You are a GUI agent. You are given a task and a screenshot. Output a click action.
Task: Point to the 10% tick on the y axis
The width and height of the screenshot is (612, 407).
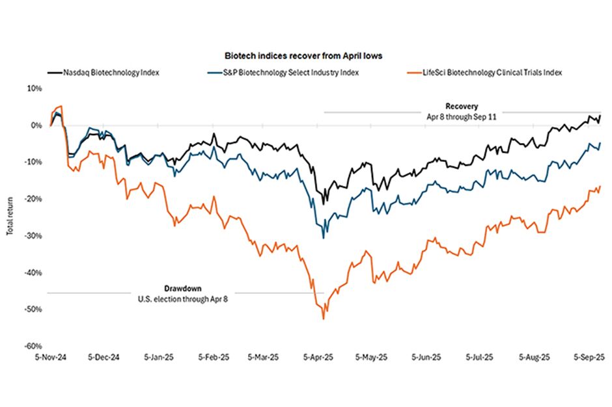[x=35, y=88]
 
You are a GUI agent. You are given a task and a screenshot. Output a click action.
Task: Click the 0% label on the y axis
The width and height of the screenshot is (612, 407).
[x=36, y=125]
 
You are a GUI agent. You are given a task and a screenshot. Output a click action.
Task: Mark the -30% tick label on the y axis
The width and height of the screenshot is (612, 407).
[x=33, y=236]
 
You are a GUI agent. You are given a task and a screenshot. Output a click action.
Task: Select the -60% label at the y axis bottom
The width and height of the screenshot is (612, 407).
[x=33, y=347]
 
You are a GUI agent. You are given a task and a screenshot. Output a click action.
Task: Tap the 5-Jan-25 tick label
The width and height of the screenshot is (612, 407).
[x=158, y=358]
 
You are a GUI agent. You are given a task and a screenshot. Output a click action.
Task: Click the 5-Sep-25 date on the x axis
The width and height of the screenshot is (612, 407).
[x=590, y=358]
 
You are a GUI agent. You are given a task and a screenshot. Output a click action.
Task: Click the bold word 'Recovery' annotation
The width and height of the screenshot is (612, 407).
[x=462, y=105]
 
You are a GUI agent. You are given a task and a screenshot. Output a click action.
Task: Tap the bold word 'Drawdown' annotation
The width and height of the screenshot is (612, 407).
[x=178, y=288]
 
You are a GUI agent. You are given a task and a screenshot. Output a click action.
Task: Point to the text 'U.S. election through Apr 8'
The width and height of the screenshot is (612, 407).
[x=178, y=299]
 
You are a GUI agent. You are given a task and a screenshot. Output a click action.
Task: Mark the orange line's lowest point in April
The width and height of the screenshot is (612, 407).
[x=324, y=319]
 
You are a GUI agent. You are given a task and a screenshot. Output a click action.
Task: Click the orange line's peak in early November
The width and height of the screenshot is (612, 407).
[x=61, y=106]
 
